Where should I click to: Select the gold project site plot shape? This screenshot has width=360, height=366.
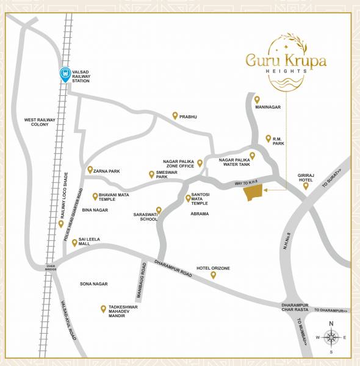click(253, 193)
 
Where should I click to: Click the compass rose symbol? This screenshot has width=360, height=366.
click(331, 337)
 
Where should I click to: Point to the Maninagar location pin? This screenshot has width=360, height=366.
click(257, 99)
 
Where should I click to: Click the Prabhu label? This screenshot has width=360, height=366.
click(189, 116)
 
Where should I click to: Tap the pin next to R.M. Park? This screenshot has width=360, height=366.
click(268, 138)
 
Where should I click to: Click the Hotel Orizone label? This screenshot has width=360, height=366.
click(212, 268)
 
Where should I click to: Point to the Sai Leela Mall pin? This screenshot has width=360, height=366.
click(74, 242)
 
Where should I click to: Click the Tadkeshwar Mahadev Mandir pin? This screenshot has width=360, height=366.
click(103, 309)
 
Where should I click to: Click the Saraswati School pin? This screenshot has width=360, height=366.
click(159, 210)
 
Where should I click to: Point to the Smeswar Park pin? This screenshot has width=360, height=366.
click(151, 174)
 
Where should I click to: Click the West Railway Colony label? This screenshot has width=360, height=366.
click(40, 122)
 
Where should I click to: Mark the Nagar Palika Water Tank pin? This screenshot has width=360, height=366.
click(252, 156)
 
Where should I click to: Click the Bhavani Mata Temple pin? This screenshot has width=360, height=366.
click(95, 196)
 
